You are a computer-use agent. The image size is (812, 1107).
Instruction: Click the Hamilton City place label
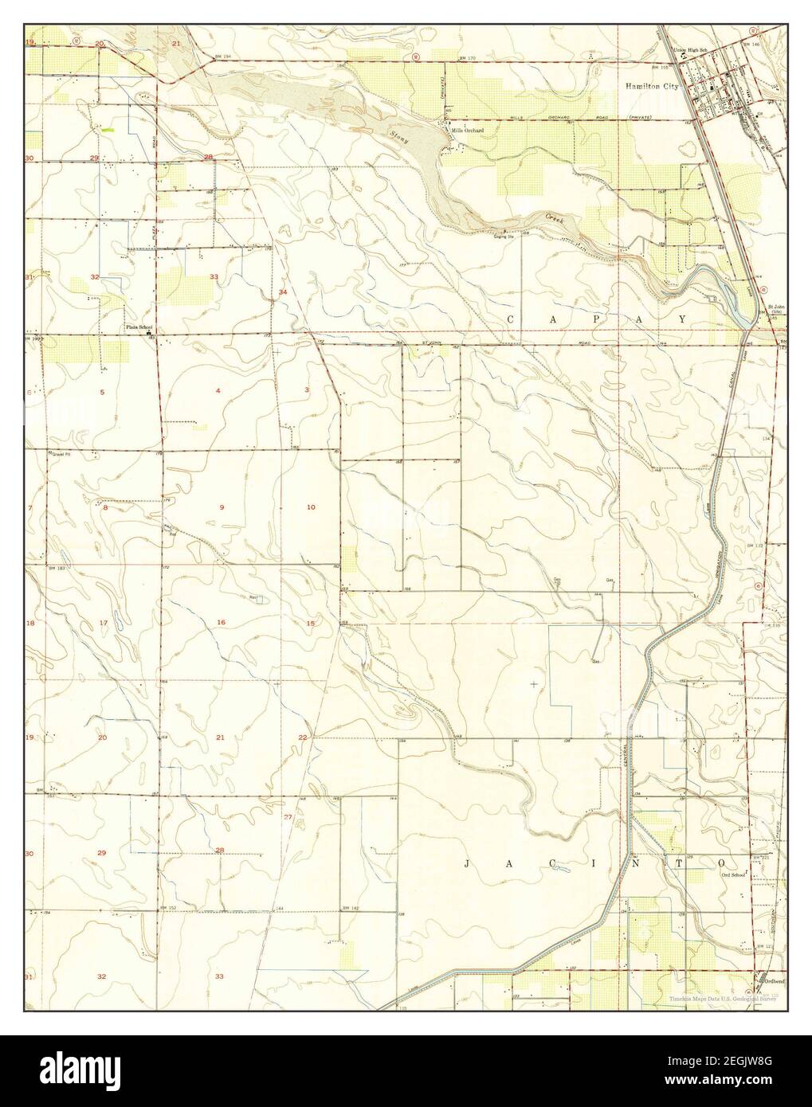tap(651, 87)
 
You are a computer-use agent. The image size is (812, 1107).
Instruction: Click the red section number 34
tap(283, 293)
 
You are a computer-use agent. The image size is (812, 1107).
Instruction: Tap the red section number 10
tap(311, 507)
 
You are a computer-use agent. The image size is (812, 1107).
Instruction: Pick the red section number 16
tap(221, 622)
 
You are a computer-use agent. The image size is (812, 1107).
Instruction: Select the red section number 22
tap(303, 737)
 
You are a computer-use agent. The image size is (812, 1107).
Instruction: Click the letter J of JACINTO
tap(467, 863)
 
